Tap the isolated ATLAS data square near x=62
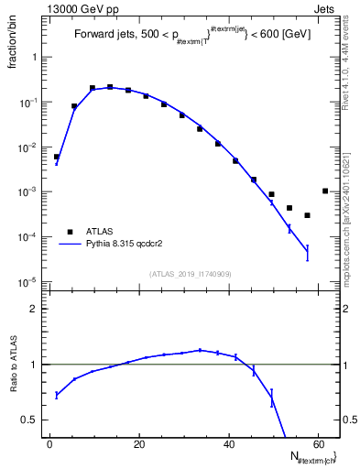(x=325, y=191)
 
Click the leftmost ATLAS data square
(x=56, y=157)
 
